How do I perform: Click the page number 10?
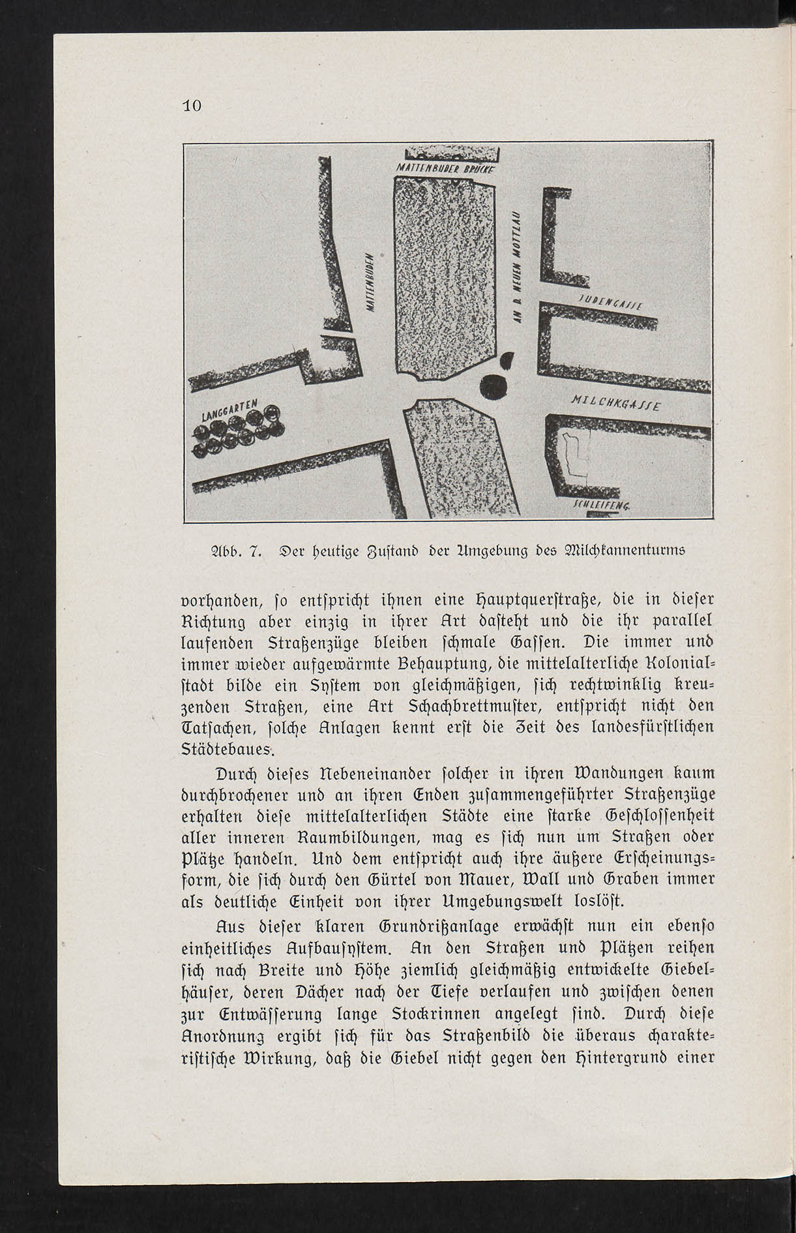coord(192,106)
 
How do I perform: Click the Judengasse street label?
coord(611,301)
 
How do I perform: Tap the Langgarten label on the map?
coord(231,410)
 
